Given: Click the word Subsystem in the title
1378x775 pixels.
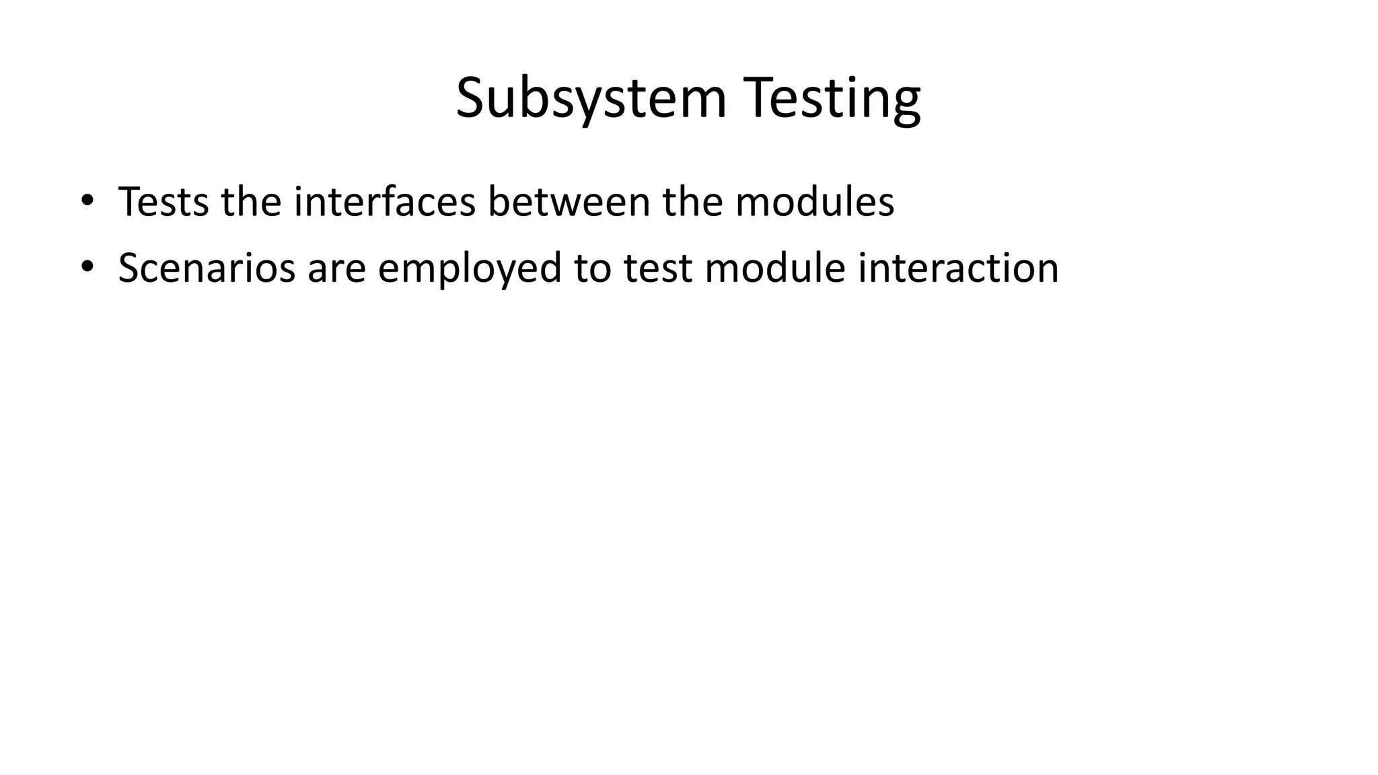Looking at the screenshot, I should point(591,99).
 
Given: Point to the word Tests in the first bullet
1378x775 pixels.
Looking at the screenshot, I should point(163,201).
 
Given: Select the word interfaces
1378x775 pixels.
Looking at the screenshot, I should point(384,201).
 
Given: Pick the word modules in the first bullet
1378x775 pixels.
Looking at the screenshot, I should point(814,201).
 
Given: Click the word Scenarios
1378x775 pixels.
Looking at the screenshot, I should point(207,268).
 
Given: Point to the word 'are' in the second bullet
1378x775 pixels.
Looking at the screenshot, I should point(336,268).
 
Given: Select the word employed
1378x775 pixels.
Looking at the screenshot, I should point(469,268).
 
